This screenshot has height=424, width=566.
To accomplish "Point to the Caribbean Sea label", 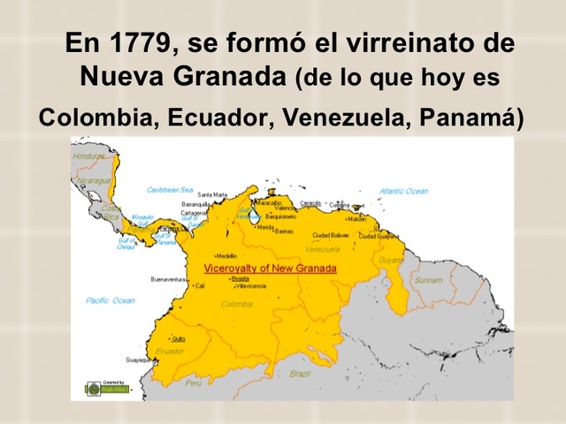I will [x=170, y=189].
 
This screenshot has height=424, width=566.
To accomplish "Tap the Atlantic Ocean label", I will [x=403, y=191].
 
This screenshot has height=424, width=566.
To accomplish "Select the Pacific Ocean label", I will [x=111, y=300].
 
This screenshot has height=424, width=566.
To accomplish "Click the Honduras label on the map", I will [x=89, y=156].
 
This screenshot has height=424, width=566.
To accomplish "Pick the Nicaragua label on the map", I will [x=93, y=180].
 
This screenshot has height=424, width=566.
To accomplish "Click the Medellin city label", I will [x=226, y=256].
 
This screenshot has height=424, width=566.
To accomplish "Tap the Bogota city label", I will [x=240, y=278].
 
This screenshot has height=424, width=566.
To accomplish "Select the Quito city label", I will [x=179, y=338].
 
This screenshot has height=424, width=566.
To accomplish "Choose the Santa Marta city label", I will [x=212, y=194].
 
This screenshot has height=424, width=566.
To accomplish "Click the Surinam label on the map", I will [x=429, y=280].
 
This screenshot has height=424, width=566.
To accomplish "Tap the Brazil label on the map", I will [x=300, y=374].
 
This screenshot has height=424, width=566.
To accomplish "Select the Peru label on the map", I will [x=194, y=383].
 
